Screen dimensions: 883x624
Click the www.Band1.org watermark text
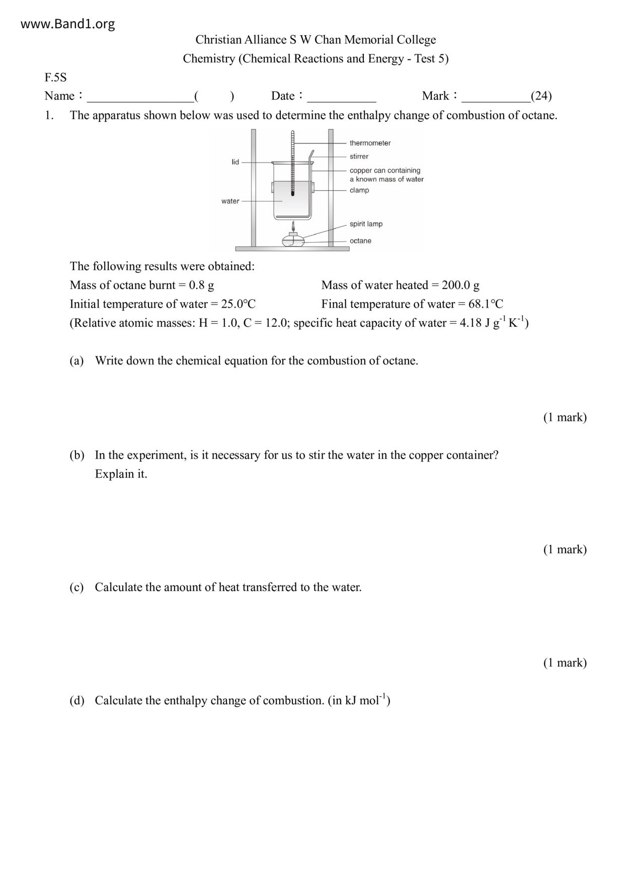point(67,24)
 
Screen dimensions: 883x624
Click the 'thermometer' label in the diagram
point(370,143)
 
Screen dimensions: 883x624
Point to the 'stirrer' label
point(359,157)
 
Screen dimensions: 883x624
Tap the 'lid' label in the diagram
point(235,162)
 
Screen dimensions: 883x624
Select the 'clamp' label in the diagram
point(359,190)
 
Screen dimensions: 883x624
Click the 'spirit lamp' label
point(366,224)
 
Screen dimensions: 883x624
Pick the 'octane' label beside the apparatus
point(360,241)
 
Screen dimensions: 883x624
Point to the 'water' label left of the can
point(230,201)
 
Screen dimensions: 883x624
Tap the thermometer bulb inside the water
point(292,193)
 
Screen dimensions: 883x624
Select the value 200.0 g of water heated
point(460,285)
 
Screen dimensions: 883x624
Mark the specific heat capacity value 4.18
point(471,323)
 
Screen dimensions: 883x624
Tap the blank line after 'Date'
point(342,96)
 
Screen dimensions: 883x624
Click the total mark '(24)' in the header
point(541,96)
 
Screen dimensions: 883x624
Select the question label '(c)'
point(76,587)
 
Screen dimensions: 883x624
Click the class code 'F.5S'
point(55,78)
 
